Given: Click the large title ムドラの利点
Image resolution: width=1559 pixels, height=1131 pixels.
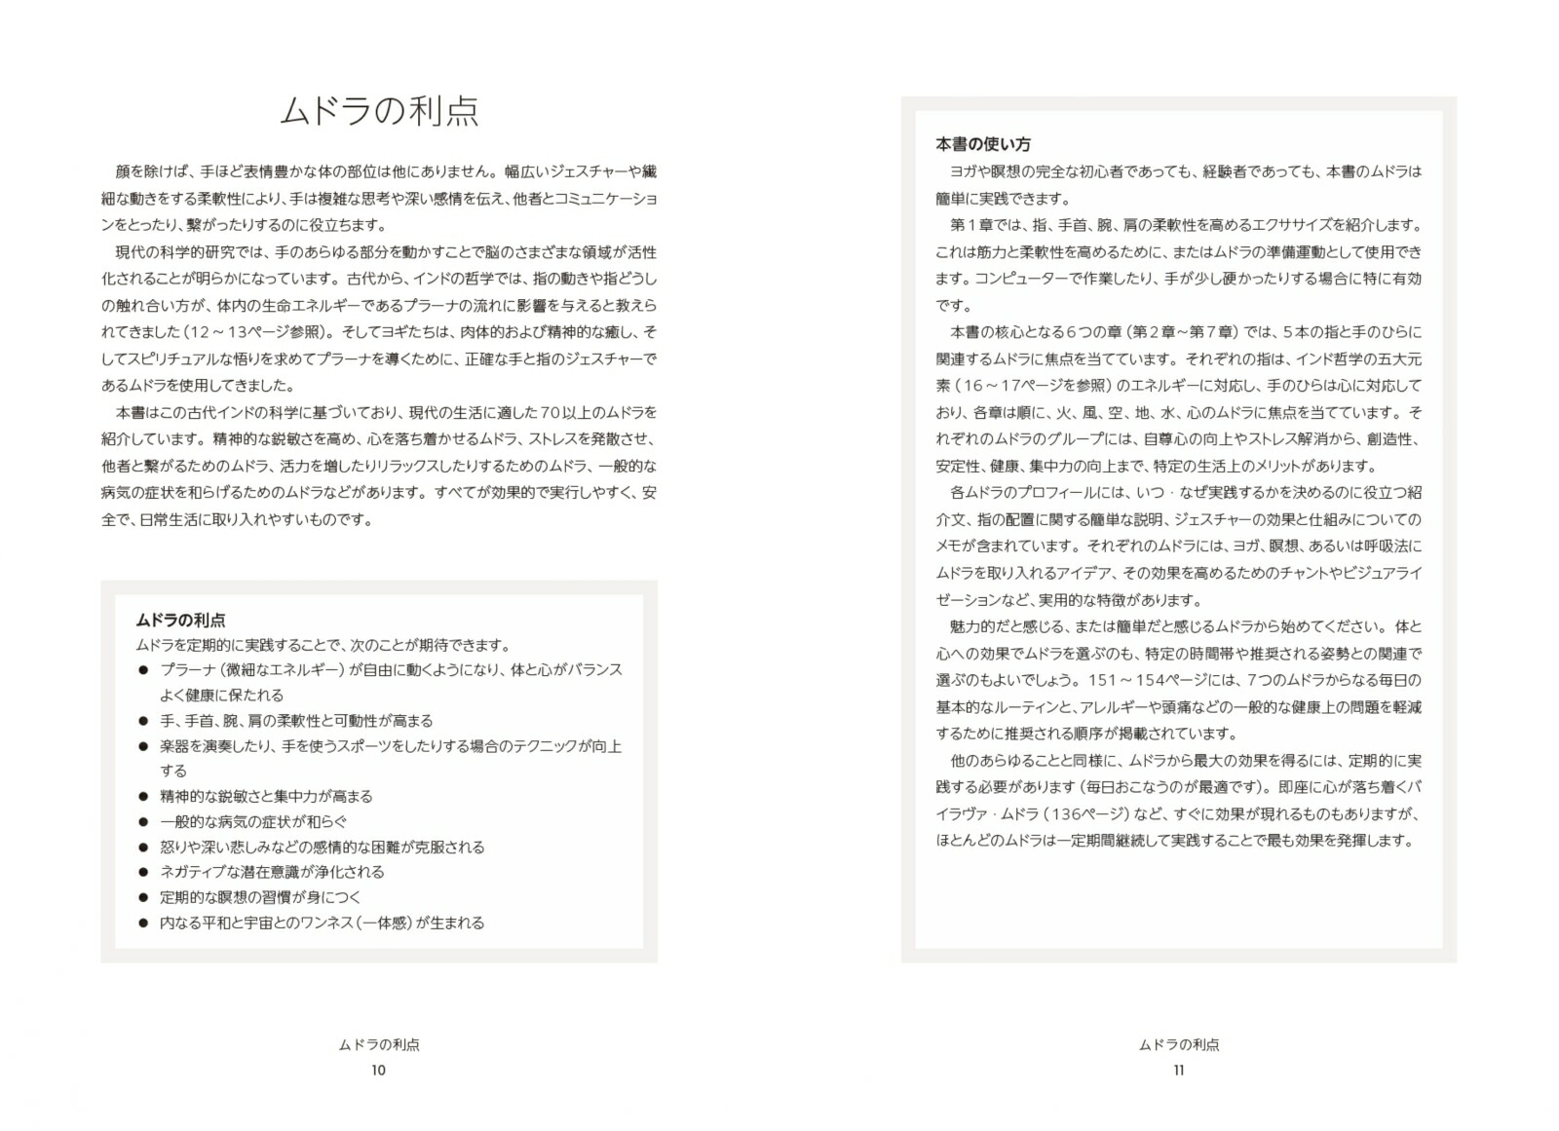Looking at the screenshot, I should pos(379,111).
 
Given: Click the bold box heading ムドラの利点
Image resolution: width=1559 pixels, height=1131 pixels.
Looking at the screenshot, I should pos(180,620).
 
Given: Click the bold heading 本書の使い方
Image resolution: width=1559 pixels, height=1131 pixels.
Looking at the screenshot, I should pos(982,144).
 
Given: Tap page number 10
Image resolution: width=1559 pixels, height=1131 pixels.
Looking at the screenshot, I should pos(378,1070).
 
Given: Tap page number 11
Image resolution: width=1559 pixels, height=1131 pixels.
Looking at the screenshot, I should pos(1178,1070).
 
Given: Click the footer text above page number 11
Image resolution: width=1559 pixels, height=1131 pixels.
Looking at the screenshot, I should pos(1178,1044).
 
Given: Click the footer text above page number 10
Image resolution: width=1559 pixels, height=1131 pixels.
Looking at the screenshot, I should pos(378,1044).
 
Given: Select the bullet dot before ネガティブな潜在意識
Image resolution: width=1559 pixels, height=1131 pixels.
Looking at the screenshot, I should pos(142,872).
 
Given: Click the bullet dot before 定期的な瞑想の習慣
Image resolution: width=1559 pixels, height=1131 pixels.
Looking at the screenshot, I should pos(142,897).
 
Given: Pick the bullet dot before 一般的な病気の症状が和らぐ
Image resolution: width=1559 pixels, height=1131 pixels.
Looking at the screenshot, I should pos(142,821).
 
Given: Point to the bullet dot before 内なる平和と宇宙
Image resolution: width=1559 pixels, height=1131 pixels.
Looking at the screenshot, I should pos(142,923).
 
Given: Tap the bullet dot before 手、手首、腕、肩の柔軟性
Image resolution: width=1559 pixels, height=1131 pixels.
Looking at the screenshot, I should pos(142,721).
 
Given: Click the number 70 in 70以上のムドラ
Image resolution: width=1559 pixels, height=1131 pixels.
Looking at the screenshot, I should pos(551,412).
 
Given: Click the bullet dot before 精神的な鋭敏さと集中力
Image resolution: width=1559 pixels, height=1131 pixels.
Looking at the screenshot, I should pos(142,796).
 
